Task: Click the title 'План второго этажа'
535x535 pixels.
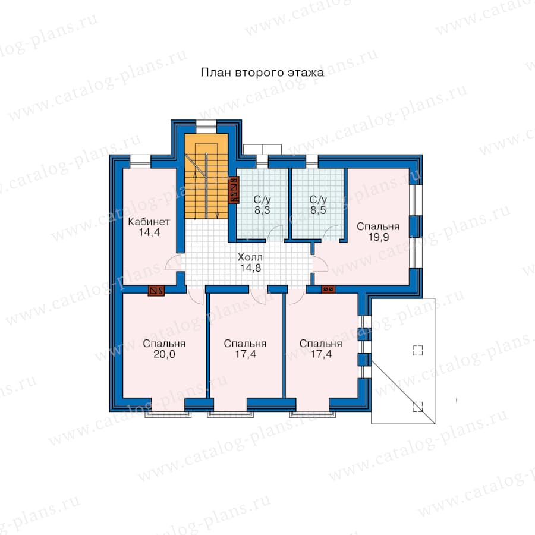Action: [262, 73]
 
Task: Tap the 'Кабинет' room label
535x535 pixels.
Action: [149, 222]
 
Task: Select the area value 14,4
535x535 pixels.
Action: [149, 232]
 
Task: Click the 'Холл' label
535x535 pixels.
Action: [250, 257]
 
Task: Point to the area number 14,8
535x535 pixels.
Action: [250, 268]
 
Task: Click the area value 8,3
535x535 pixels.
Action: [262, 210]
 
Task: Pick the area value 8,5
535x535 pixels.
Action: [318, 210]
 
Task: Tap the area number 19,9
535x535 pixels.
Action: [379, 237]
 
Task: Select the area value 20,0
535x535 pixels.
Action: [164, 354]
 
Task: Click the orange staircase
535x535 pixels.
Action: [206, 176]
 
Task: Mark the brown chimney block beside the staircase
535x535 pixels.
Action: [234, 190]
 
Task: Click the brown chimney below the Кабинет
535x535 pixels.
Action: [156, 291]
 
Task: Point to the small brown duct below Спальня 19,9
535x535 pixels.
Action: [328, 289]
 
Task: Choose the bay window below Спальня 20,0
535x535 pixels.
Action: [168, 414]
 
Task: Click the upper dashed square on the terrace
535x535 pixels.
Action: [418, 350]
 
